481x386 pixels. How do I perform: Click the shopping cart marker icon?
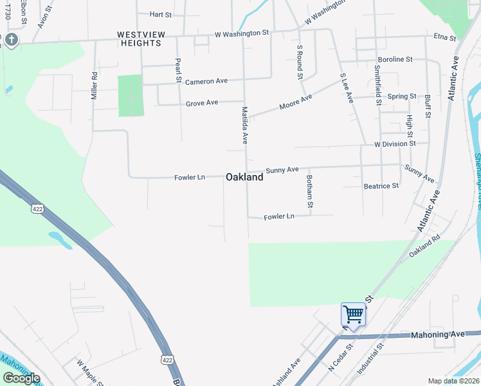(x=353, y=315)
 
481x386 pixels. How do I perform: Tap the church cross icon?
(x=10, y=40)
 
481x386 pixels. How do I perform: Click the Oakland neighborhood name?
(x=244, y=177)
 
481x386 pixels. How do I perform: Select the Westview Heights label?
(x=139, y=38)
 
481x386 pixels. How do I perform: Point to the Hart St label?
(x=160, y=14)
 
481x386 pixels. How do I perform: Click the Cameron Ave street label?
(x=206, y=82)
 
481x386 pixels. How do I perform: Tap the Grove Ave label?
(x=202, y=103)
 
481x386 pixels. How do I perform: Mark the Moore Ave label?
(x=296, y=101)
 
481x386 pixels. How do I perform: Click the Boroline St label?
(x=395, y=59)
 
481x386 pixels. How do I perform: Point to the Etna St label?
(x=444, y=38)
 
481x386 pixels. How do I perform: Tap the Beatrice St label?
(x=381, y=185)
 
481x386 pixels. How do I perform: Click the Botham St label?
(x=310, y=191)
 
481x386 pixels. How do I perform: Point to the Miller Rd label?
(x=95, y=84)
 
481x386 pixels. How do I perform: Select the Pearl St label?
(x=178, y=71)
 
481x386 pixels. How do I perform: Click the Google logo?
(x=21, y=378)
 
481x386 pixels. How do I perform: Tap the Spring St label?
(x=403, y=96)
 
